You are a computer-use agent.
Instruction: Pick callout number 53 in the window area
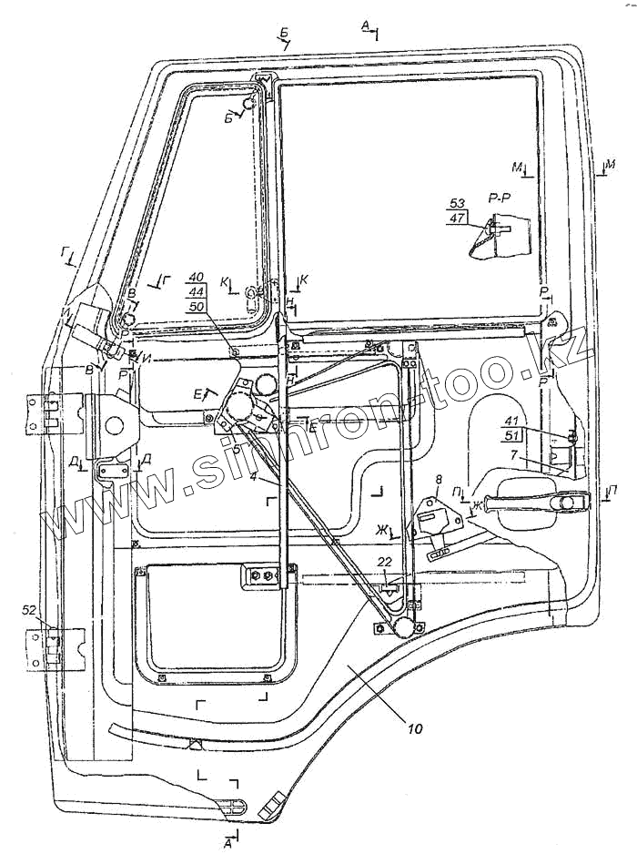[457, 203]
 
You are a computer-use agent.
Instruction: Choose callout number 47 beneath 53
[457, 219]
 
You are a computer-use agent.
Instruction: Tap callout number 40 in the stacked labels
[196, 276]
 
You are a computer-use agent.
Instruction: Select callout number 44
[196, 291]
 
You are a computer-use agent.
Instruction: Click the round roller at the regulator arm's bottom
[400, 626]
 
